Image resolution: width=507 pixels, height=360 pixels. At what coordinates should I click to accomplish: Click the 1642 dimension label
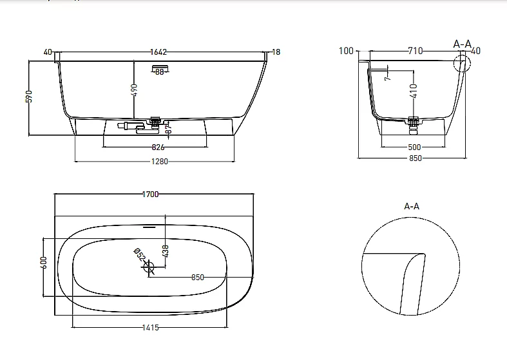click(158, 52)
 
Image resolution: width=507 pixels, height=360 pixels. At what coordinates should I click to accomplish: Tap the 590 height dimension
click(29, 97)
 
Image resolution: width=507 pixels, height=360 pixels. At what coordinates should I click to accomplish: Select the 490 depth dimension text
click(135, 90)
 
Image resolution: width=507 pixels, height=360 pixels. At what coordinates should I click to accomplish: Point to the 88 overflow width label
click(159, 72)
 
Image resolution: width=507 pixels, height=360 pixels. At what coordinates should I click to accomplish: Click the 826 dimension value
click(158, 147)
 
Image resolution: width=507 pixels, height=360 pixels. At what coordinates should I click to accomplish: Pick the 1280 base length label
click(160, 161)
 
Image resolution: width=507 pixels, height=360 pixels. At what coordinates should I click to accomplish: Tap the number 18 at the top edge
click(276, 52)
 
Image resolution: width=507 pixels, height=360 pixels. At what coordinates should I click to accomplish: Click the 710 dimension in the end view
click(415, 51)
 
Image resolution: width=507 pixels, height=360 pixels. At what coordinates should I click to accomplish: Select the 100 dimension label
click(346, 51)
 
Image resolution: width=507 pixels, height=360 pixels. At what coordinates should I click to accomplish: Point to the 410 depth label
click(414, 91)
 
